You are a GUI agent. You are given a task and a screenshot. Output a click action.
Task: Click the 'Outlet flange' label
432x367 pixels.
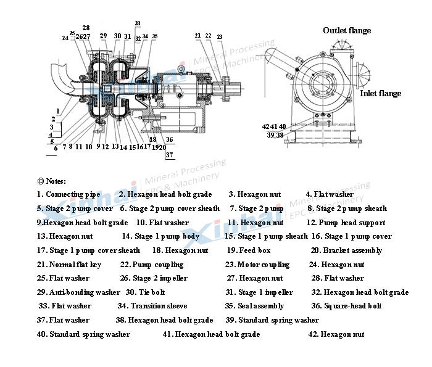point(347,30)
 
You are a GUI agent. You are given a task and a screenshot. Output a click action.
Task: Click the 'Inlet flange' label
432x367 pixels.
point(380,94)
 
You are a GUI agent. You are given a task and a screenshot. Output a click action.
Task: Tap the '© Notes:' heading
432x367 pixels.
point(51,181)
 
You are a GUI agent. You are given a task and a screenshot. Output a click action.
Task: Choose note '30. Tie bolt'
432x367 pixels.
point(145,292)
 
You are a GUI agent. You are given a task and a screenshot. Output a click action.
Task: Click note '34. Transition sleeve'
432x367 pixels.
point(152,306)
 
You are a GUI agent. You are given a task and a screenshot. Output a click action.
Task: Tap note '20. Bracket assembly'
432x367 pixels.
point(346,250)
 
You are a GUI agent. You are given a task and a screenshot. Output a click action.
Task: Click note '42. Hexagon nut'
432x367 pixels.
point(336,334)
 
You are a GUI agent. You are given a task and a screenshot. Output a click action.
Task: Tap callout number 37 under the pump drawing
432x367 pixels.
point(169,155)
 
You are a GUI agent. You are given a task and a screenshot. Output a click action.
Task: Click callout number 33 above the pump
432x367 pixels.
point(137,23)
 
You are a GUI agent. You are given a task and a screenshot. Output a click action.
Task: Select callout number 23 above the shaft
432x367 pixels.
point(219,37)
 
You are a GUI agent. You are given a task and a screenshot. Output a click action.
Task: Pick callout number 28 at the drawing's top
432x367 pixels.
point(86,28)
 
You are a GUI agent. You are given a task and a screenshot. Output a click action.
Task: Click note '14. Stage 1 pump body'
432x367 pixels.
point(160,236)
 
